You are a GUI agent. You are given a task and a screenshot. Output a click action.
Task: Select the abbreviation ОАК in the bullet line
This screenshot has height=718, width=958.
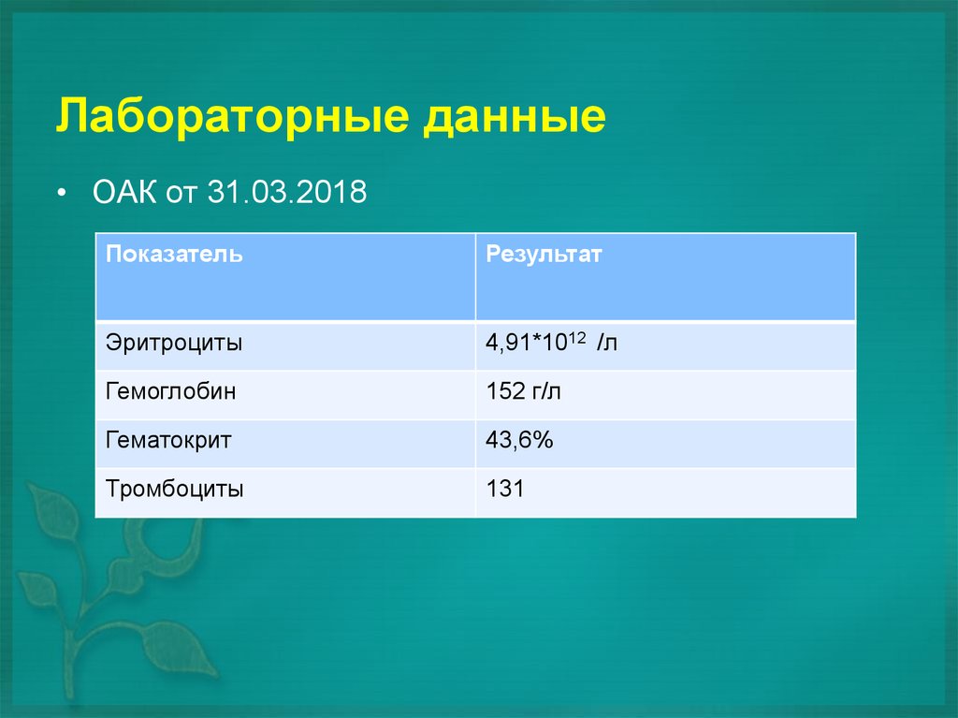pyautogui.click(x=124, y=194)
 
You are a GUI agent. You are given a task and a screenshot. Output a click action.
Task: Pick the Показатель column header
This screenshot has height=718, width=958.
pyautogui.click(x=174, y=255)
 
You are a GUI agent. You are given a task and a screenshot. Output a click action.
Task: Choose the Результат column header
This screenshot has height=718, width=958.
pyautogui.click(x=544, y=255)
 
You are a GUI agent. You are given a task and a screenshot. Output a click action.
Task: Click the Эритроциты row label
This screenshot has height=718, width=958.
pyautogui.click(x=174, y=343)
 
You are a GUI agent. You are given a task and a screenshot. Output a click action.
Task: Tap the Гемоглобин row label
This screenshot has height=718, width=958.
pyautogui.click(x=171, y=391)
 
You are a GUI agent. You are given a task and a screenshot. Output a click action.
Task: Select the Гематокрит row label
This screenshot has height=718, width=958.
pyautogui.click(x=168, y=440)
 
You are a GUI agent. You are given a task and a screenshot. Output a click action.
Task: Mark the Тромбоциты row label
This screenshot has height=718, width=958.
pyautogui.click(x=175, y=489)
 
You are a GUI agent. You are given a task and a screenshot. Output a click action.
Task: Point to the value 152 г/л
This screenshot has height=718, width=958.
pyautogui.click(x=524, y=391)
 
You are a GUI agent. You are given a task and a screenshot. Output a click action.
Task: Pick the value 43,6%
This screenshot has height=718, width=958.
pyautogui.click(x=520, y=440)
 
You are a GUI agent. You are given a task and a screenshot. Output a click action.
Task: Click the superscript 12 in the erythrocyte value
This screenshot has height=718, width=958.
pyautogui.click(x=576, y=337)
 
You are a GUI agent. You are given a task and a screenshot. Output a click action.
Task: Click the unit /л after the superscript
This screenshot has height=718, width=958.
pyautogui.click(x=608, y=344)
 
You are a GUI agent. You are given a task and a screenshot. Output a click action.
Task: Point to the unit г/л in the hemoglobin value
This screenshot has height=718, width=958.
pyautogui.click(x=546, y=391)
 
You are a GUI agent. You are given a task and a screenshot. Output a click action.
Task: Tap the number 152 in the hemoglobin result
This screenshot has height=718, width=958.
pyautogui.click(x=504, y=391)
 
